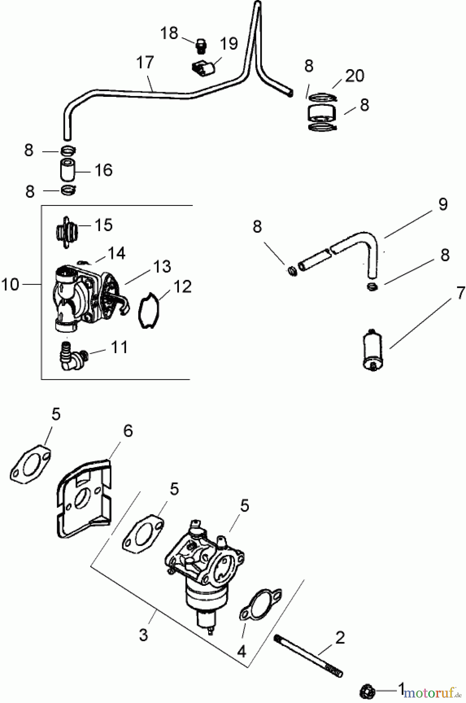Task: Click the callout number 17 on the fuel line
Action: pyautogui.click(x=145, y=62)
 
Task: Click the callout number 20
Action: pyautogui.click(x=355, y=75)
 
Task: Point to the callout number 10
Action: pyautogui.click(x=11, y=285)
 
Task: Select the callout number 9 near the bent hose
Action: pyautogui.click(x=443, y=204)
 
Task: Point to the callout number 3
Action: pyautogui.click(x=143, y=635)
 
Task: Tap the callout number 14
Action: pyautogui.click(x=116, y=253)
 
